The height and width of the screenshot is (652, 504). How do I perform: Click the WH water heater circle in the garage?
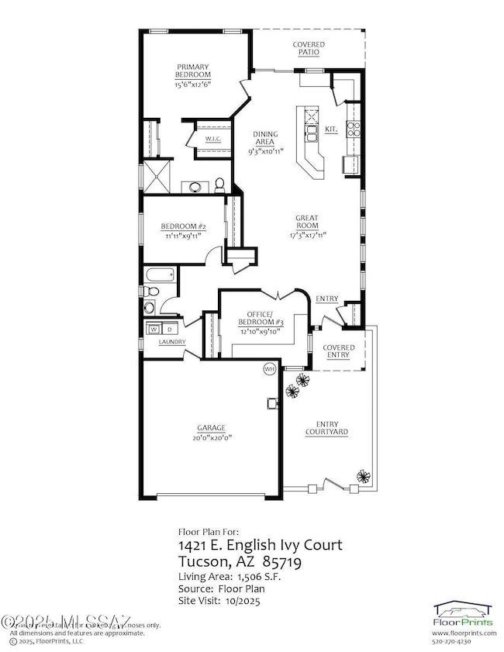[270, 368]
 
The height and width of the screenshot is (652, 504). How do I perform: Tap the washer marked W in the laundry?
[153, 328]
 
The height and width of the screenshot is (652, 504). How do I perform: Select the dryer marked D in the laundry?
[169, 328]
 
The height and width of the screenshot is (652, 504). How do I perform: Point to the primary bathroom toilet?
[220, 184]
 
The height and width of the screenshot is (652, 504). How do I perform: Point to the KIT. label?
[331, 129]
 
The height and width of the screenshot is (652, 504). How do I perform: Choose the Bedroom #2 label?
[183, 226]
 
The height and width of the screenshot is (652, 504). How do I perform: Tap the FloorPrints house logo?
[465, 612]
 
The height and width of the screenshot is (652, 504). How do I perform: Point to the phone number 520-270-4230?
[465, 641]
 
